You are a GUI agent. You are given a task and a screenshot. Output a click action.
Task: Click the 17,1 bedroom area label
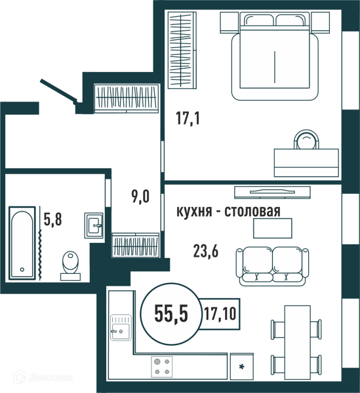[188, 119]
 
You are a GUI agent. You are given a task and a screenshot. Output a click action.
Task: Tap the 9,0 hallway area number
[140, 196]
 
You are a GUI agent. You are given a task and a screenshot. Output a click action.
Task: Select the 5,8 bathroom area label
[52, 219]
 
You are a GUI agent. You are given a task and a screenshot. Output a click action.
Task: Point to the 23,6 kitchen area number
[206, 251]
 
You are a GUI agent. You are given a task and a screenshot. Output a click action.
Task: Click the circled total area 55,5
[171, 314]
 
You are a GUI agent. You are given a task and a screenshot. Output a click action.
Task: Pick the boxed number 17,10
[220, 314]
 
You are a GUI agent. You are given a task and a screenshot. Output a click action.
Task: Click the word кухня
[193, 212]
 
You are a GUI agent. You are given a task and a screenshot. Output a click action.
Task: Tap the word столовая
[252, 212]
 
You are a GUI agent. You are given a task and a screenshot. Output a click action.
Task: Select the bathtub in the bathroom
[22, 243]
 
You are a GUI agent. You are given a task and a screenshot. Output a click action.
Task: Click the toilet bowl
[71, 266]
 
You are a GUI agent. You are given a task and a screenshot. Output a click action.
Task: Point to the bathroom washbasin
[94, 225]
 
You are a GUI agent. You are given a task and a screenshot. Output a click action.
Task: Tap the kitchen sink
[121, 327]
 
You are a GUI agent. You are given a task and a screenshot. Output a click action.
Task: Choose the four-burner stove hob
[162, 367]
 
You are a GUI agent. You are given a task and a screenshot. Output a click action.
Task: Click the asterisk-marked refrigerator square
[241, 366]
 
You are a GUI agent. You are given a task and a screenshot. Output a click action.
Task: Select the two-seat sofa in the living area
[272, 267]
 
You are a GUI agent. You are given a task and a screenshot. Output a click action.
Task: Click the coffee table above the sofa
[273, 228]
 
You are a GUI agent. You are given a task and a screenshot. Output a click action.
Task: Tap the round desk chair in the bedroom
[306, 140]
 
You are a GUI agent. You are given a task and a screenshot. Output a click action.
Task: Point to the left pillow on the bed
[258, 20]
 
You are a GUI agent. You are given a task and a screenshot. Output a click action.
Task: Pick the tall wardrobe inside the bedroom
[182, 50]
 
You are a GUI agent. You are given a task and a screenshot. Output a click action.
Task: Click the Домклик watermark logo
[43, 377]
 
